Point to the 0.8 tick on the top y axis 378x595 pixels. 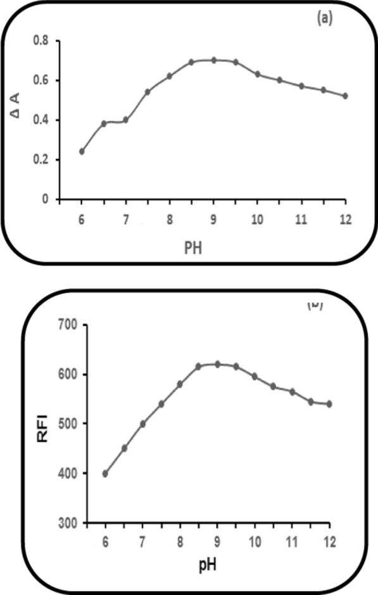[x=42, y=41]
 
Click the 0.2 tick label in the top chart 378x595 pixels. [x=42, y=160]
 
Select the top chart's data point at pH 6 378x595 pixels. [x=82, y=151]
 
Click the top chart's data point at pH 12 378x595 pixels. [x=345, y=96]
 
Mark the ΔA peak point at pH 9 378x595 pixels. [x=213, y=60]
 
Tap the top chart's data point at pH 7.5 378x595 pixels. [x=148, y=92]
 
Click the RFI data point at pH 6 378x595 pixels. [x=105, y=473]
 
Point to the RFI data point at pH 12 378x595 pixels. [x=329, y=404]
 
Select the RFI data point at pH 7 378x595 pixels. [x=142, y=424]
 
